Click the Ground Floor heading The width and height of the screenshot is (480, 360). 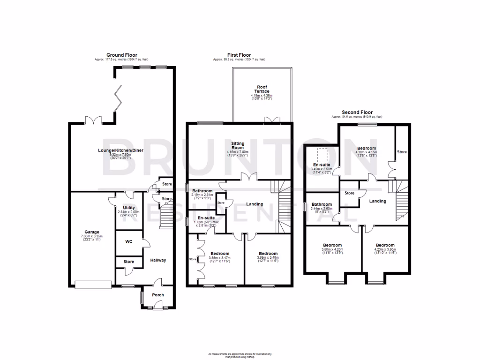pyautogui.click(x=121, y=55)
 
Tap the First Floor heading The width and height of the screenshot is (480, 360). pyautogui.click(x=239, y=55)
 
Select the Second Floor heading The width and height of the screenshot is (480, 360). pyautogui.click(x=357, y=112)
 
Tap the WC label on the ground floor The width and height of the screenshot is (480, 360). pyautogui.click(x=129, y=242)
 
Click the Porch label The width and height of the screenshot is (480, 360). pyautogui.click(x=157, y=295)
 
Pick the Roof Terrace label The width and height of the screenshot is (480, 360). pyautogui.click(x=262, y=89)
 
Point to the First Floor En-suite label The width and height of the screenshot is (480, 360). pyautogui.click(x=206, y=218)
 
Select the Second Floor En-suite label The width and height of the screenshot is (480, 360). pyautogui.click(x=322, y=165)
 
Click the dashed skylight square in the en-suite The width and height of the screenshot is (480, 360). pyautogui.click(x=322, y=154)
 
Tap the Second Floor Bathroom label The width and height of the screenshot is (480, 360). pyautogui.click(x=322, y=204)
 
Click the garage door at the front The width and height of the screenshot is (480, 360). pyautogui.click(x=93, y=284)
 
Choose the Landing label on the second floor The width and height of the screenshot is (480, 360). pyautogui.click(x=377, y=201)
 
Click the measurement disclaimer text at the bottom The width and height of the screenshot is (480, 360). pyautogui.click(x=240, y=355)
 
